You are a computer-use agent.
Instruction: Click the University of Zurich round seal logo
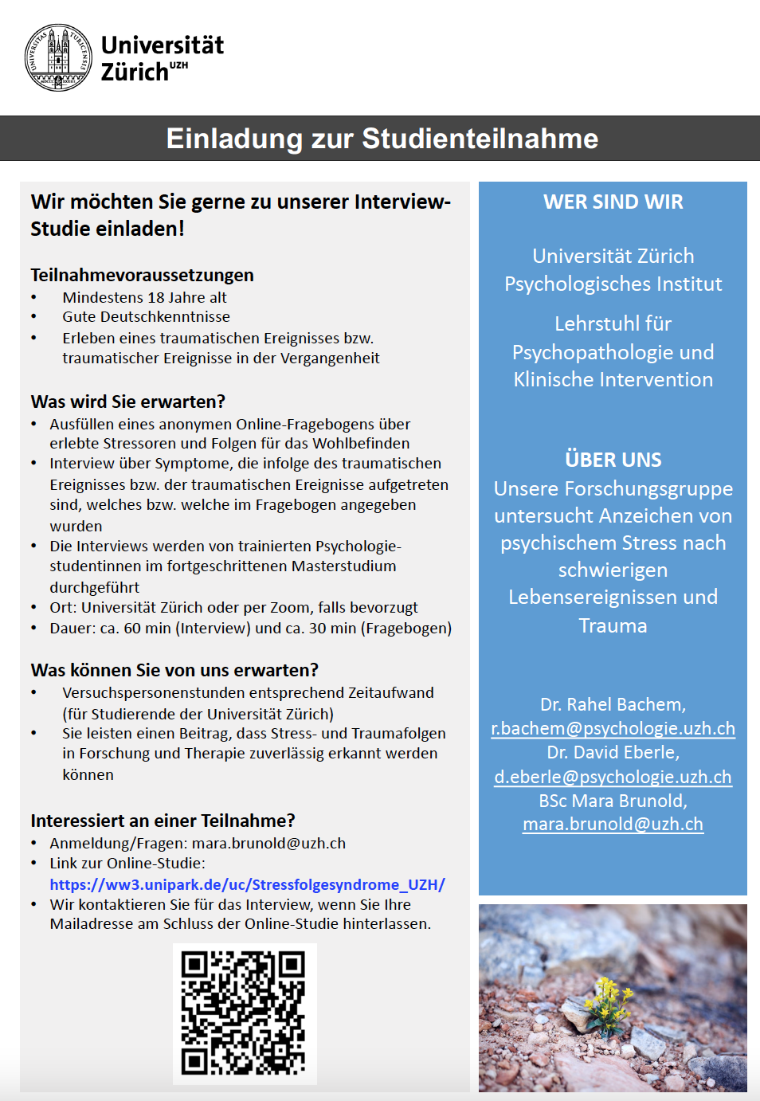point(59,57)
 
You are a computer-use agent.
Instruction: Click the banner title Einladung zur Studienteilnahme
point(382,139)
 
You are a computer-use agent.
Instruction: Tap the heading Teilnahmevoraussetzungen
point(142,275)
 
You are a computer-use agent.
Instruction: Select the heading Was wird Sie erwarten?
point(127,402)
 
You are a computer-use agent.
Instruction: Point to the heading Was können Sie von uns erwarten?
point(174,670)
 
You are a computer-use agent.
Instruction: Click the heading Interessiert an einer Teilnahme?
point(163,821)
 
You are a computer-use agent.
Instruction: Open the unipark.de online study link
point(247,884)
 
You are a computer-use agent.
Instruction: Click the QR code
point(244,1013)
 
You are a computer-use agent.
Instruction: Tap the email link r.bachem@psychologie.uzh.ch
point(613,728)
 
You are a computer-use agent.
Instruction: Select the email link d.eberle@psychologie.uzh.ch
point(613,777)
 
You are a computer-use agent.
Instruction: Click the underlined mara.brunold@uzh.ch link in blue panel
point(613,825)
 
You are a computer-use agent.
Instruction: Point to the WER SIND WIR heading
point(613,202)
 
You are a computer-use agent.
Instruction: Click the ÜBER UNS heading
point(613,460)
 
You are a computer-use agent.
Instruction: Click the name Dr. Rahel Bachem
point(612,704)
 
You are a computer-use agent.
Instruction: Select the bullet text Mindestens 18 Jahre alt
point(144,297)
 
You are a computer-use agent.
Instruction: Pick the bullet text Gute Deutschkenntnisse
point(146,316)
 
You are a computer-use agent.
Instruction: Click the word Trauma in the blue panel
point(613,625)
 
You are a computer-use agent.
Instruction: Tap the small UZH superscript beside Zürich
point(178,65)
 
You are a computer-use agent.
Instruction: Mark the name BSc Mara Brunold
point(613,801)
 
